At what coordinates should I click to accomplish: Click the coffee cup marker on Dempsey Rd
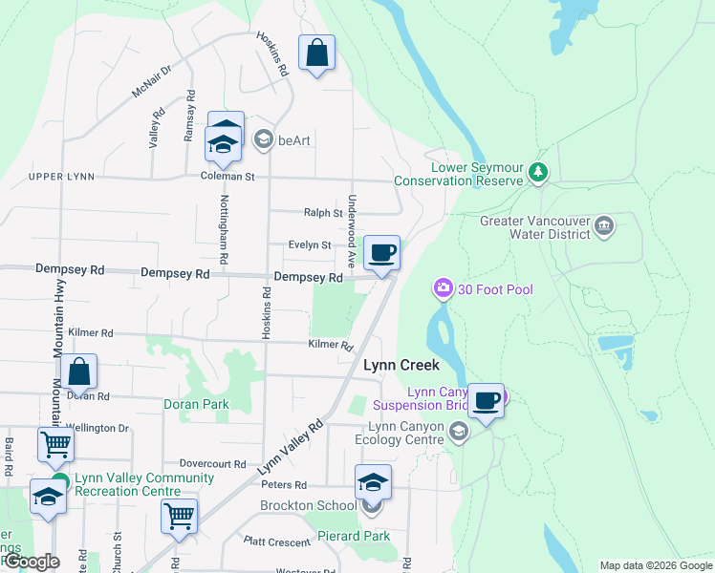coord(381,253)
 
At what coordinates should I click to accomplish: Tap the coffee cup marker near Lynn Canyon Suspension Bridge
coord(487,399)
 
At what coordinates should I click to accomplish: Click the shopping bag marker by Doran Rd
coord(81,373)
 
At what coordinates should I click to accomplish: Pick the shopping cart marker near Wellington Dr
coord(55,444)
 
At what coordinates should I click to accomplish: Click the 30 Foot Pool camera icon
coord(443,287)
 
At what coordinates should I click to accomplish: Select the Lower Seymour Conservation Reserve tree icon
coord(539,173)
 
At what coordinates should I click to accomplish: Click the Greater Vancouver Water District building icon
coord(604,226)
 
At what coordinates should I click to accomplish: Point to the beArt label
coord(295,140)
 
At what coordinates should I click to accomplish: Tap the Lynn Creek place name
coord(401,365)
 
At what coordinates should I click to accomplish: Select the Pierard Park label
coord(354,537)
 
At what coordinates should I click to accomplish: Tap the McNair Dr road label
coord(151,81)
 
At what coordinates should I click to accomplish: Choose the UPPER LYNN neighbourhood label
coord(61,177)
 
